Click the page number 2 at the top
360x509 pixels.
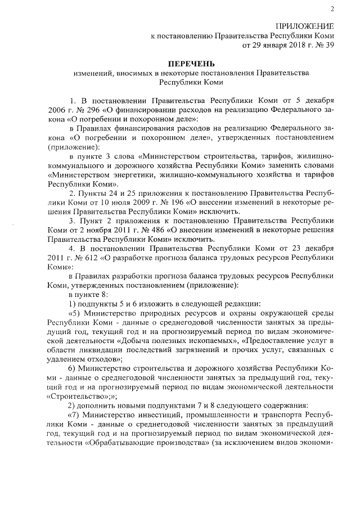click(x=332, y=8)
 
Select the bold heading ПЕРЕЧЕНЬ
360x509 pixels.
click(x=193, y=64)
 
